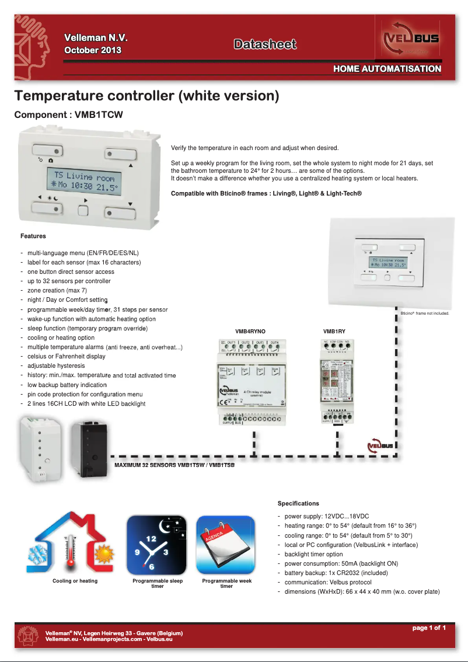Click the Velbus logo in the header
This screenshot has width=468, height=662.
tap(410, 40)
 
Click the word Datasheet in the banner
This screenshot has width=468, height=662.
tap(265, 44)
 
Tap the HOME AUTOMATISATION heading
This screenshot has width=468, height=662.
tap(387, 69)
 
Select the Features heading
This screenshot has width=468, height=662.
tap(33, 236)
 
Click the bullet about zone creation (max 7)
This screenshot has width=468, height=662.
tap(57, 290)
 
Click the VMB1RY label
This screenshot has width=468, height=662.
tap(334, 331)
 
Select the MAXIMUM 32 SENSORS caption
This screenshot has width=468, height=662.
tap(174, 465)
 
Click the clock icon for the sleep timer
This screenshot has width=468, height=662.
tap(156, 545)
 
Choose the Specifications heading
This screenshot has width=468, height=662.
tap(298, 503)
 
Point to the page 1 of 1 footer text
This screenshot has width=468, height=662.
tap(429, 628)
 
